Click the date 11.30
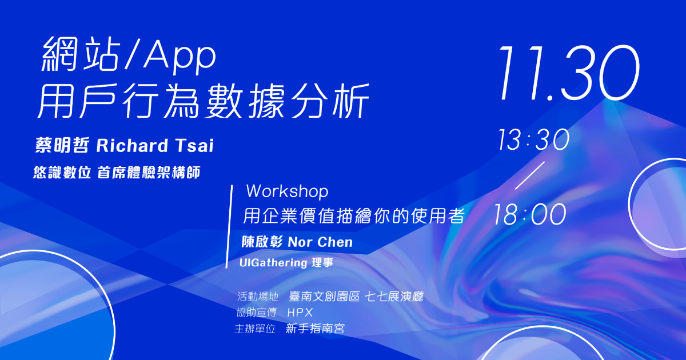click(x=569, y=73)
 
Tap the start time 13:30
click(x=533, y=139)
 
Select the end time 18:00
click(x=530, y=214)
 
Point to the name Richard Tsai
click(x=155, y=145)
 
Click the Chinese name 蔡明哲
click(x=62, y=145)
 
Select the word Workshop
click(x=287, y=191)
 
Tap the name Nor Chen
click(x=320, y=242)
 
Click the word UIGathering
click(x=273, y=263)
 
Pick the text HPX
click(x=300, y=313)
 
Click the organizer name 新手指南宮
click(x=315, y=329)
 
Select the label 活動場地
click(x=258, y=297)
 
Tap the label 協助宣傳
click(x=256, y=313)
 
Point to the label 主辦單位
click(x=255, y=329)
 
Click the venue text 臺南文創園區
click(x=324, y=297)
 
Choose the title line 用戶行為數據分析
click(x=204, y=101)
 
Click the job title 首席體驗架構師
click(x=149, y=173)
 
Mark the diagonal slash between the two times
click(x=530, y=175)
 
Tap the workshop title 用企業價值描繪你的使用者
click(x=354, y=216)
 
